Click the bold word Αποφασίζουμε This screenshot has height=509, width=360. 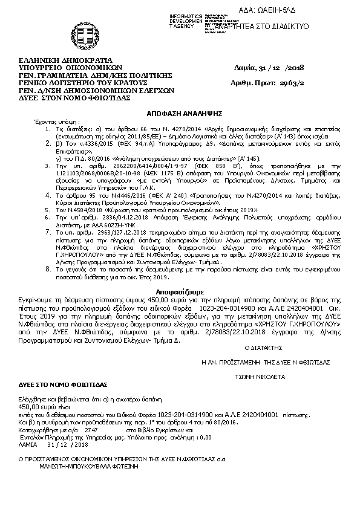pos(180,291)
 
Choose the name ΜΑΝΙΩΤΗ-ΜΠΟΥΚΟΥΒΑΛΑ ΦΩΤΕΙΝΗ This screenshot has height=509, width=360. pos(90,467)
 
